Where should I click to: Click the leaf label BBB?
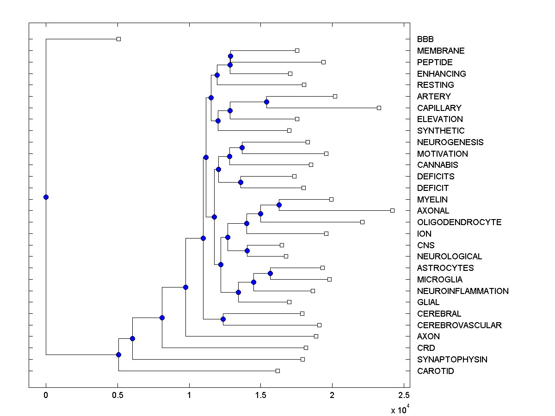pyautogui.click(x=425, y=39)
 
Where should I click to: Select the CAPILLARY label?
pyautogui.click(x=439, y=108)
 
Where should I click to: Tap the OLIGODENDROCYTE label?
pyautogui.click(x=459, y=222)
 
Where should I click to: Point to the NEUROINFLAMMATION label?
pyautogui.click(x=462, y=291)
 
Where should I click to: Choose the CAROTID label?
pyautogui.click(x=435, y=371)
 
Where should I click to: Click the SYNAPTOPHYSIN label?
pyautogui.click(x=452, y=360)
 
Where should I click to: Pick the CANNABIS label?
pyautogui.click(x=438, y=165)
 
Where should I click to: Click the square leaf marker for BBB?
pyautogui.click(x=118, y=39)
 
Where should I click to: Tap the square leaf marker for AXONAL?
pyautogui.click(x=392, y=210)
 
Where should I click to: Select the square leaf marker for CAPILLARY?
pyautogui.click(x=379, y=108)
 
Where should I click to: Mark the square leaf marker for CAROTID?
pyautogui.click(x=277, y=371)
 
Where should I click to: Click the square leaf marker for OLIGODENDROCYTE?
pyautogui.click(x=362, y=222)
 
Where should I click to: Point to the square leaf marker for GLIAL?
pyautogui.click(x=289, y=302)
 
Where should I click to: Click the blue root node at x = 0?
pyautogui.click(x=46, y=197)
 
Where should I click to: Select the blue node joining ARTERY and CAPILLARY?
pyautogui.click(x=266, y=102)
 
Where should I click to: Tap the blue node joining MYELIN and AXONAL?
pyautogui.click(x=279, y=205)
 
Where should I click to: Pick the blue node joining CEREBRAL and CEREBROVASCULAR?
pyautogui.click(x=223, y=319)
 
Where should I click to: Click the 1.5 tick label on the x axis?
pyautogui.click(x=260, y=395)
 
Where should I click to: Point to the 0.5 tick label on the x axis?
pyautogui.click(x=117, y=395)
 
